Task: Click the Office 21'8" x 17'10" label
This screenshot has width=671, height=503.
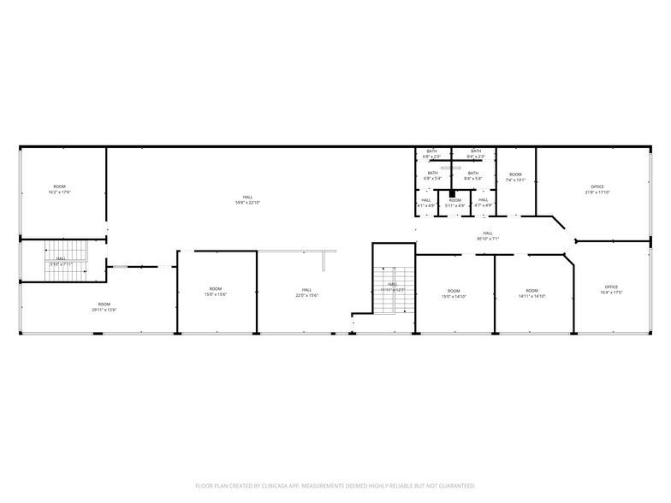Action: pyautogui.click(x=597, y=189)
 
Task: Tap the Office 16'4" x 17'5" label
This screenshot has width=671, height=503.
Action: pyautogui.click(x=611, y=289)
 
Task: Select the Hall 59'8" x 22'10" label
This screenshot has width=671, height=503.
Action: pyautogui.click(x=247, y=200)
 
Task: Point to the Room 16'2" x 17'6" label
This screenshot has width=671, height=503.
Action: pyautogui.click(x=59, y=189)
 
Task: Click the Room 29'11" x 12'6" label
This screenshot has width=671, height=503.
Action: pyautogui.click(x=104, y=306)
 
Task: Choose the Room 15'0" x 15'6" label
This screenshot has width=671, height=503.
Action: pyautogui.click(x=215, y=291)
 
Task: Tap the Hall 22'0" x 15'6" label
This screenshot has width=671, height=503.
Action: pyautogui.click(x=306, y=292)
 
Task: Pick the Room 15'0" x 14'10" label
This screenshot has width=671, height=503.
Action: pyautogui.click(x=453, y=293)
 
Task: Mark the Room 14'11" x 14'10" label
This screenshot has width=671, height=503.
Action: pyautogui.click(x=531, y=293)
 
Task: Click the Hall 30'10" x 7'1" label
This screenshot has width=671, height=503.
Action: pyautogui.click(x=488, y=235)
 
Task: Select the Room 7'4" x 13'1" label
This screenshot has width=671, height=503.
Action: pyautogui.click(x=514, y=177)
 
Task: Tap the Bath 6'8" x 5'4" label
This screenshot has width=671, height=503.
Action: pyautogui.click(x=432, y=175)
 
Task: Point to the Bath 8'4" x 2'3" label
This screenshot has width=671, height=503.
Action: pyautogui.click(x=475, y=154)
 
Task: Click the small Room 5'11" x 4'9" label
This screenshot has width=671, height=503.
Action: pyautogui.click(x=454, y=203)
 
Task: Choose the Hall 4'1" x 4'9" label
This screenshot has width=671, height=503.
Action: pyautogui.click(x=426, y=203)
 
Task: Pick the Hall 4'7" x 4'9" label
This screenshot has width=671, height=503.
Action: pyautogui.click(x=484, y=203)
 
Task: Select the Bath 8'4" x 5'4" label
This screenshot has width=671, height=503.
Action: pyautogui.click(x=473, y=175)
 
